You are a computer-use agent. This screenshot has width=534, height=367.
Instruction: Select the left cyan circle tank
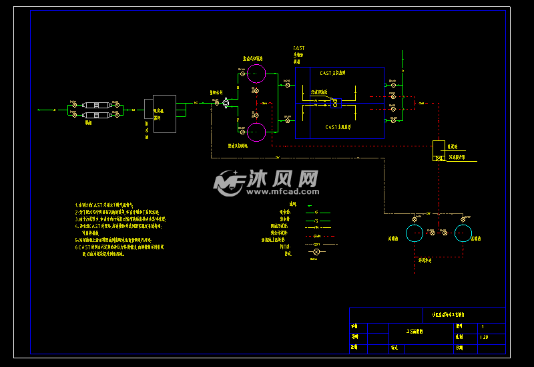[415, 233]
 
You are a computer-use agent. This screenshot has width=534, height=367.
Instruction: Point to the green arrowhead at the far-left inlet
[39, 109]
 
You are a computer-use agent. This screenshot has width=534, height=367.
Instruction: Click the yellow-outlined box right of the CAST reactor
[439, 147]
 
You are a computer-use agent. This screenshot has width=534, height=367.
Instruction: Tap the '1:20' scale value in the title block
[484, 338]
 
